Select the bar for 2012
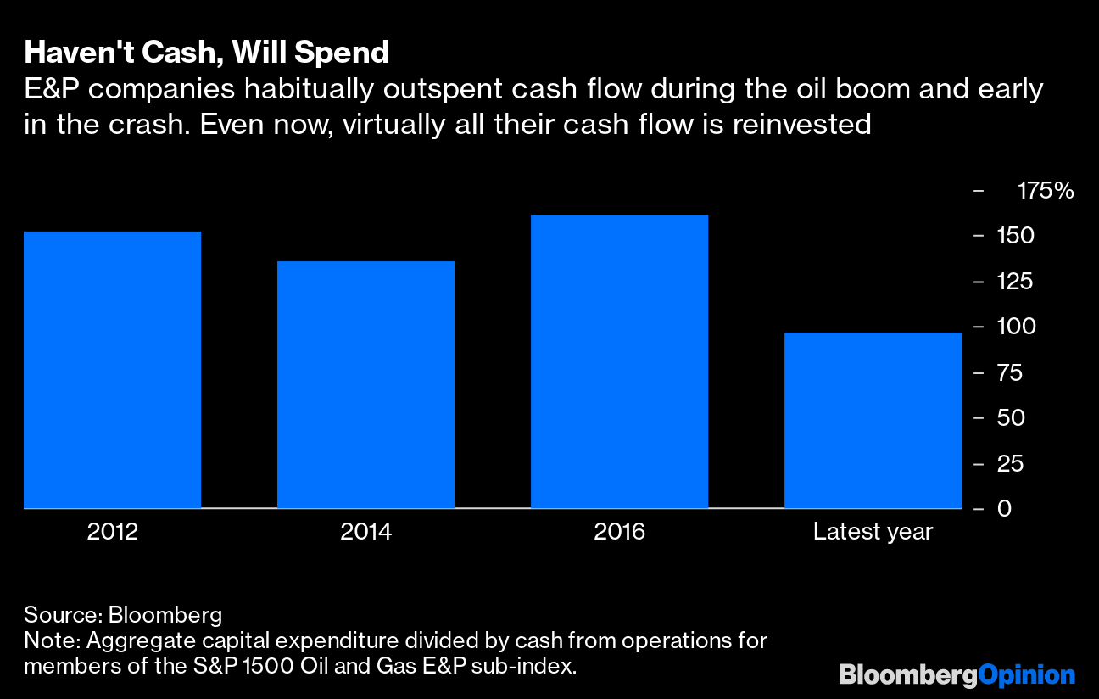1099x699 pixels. pos(112,370)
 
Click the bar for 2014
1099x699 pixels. pos(365,385)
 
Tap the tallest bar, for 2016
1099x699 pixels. pos(619,362)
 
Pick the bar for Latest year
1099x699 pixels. pos(873,421)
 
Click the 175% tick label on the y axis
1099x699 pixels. pos(1045,191)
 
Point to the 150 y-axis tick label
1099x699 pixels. pos(1016,236)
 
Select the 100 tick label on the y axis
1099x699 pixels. pos(1016,327)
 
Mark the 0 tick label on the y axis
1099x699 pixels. pos(1006,509)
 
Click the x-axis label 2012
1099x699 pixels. pos(112,532)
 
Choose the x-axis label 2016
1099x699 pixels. pos(619,532)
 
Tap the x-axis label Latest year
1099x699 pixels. pos(873,532)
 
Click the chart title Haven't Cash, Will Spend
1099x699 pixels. pos(207,53)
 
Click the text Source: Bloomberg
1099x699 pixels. pos(123,614)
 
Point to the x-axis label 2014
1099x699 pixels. pos(365,532)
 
